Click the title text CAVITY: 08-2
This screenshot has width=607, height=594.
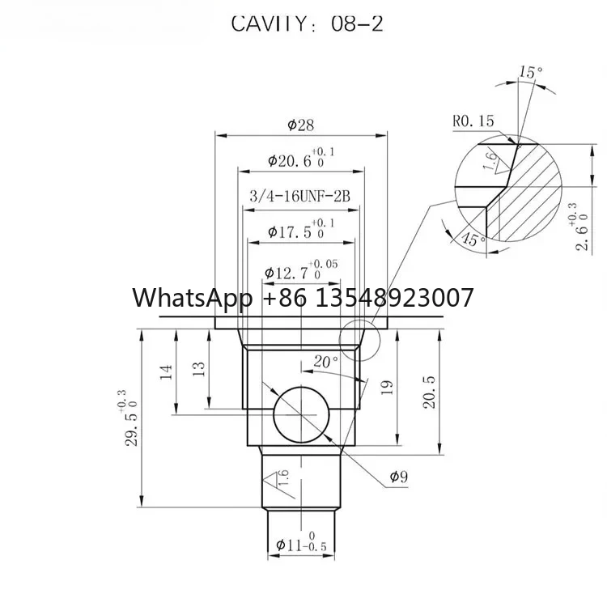coord(307,23)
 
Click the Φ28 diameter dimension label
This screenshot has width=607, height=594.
coord(301,125)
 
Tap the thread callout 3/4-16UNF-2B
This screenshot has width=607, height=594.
coord(300,196)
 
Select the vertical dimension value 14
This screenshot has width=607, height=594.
coord(167,371)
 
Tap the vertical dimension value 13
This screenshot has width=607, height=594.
coord(198,369)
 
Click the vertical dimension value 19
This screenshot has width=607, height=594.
coord(387,388)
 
